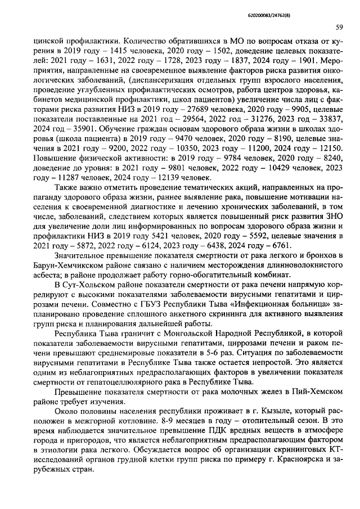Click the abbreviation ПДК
200,434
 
